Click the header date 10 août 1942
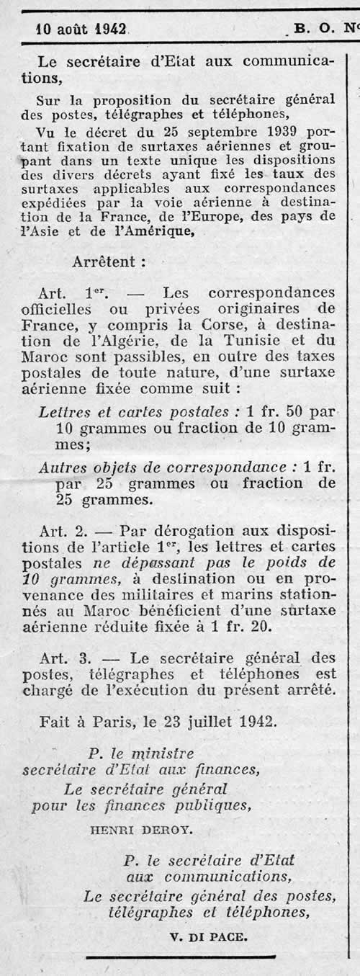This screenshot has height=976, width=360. (x=81, y=30)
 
